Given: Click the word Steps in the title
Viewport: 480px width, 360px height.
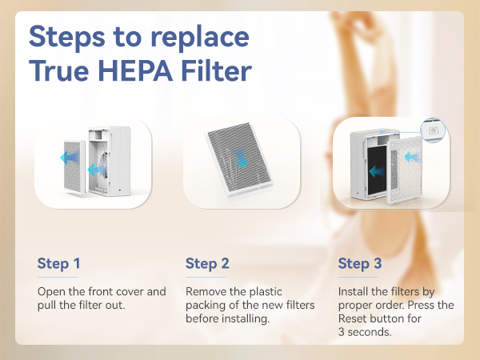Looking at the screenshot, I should (66, 38).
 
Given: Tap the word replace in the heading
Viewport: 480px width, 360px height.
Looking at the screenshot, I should (198, 38).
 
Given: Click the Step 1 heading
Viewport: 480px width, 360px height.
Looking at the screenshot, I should (59, 263).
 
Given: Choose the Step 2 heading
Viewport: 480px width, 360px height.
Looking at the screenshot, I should (207, 263).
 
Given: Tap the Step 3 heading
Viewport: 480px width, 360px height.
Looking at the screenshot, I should (359, 263).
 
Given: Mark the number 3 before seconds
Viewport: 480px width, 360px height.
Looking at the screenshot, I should (342, 333).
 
